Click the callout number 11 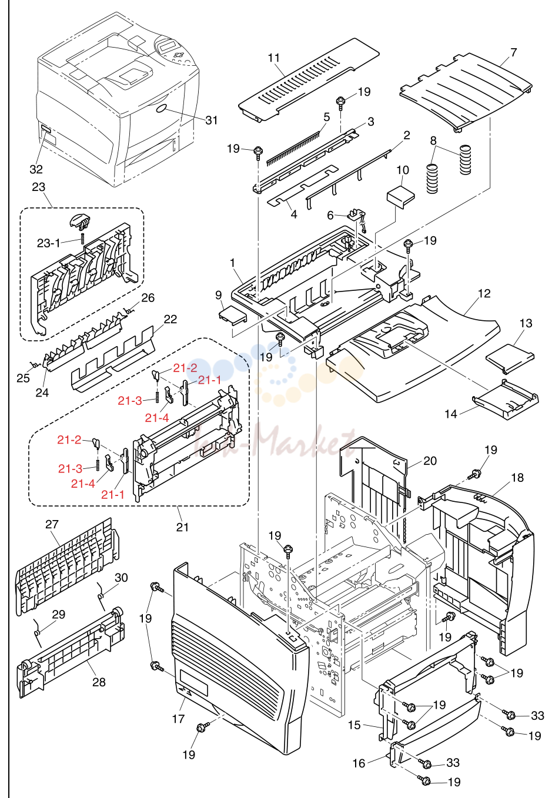pos(274,58)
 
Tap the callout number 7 pos(513,53)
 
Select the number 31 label pos(211,120)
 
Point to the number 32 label pos(36,169)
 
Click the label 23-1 pos(48,243)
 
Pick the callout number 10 pos(403,170)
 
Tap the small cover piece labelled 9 pos(232,315)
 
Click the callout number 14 pos(451,414)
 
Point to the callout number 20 pos(430,461)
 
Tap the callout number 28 pos(99,682)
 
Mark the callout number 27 pos(52,524)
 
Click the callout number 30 pos(121,577)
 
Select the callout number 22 pos(170,319)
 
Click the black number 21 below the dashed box pos(182,527)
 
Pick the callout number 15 pos(354,725)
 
